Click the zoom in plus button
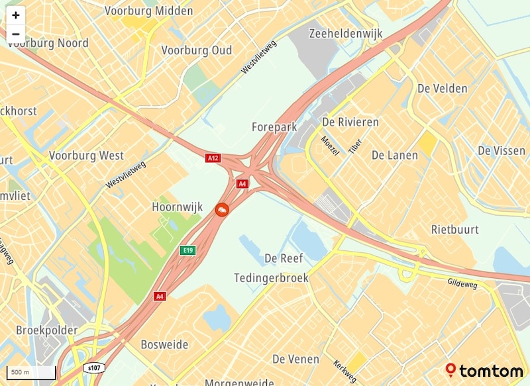[15, 15]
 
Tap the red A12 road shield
[213, 158]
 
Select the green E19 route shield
[188, 250]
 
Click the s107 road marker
[95, 367]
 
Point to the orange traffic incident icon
[222, 210]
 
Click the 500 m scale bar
[30, 373]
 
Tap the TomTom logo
[484, 371]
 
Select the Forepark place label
[274, 126]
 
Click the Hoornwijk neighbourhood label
[177, 207]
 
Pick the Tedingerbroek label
[272, 278]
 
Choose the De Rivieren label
[350, 122]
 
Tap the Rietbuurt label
[455, 230]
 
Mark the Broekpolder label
[46, 330]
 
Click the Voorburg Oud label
[197, 50]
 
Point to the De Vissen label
[502, 151]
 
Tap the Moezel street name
[329, 146]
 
